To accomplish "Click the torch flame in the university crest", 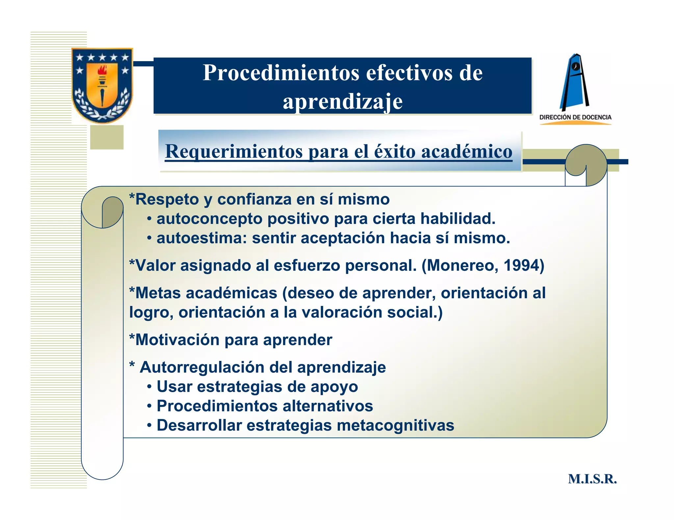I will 102,70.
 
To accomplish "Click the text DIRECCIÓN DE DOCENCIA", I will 575,117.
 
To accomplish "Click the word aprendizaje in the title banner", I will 342,101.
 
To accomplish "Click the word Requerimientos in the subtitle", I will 234,152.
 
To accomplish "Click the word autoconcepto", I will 209,219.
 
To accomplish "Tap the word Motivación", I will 177,340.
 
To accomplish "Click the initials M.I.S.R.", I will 592,479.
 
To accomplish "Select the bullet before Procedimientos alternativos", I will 149,406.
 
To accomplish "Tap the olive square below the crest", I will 107,137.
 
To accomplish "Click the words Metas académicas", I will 206,293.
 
